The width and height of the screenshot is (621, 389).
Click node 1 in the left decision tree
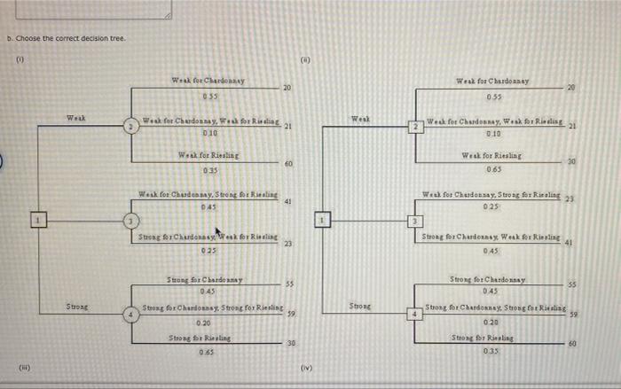tap(36, 217)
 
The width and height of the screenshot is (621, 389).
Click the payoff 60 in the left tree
tap(288, 165)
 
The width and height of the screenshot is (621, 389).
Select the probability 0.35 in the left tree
tap(210, 170)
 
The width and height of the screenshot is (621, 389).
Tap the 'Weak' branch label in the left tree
tap(76, 118)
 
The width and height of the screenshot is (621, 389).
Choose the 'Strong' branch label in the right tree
tap(360, 306)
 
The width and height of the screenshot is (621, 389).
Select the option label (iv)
tap(307, 366)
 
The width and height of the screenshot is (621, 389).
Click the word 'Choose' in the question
tap(28, 38)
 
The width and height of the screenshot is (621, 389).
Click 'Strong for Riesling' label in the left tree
tap(198, 338)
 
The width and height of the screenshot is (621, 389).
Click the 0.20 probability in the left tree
tap(203, 323)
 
